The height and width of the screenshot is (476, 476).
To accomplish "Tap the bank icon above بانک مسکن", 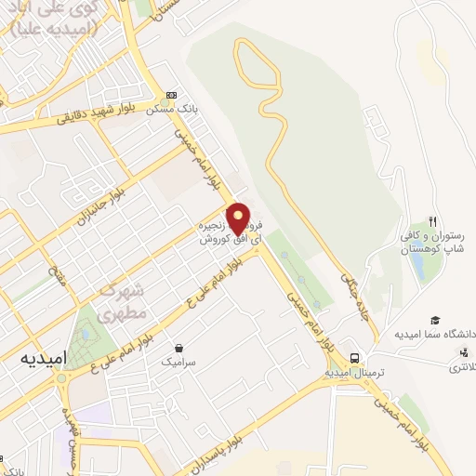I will [x=170, y=95].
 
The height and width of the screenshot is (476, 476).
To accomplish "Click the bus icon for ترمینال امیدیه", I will [x=354, y=358].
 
